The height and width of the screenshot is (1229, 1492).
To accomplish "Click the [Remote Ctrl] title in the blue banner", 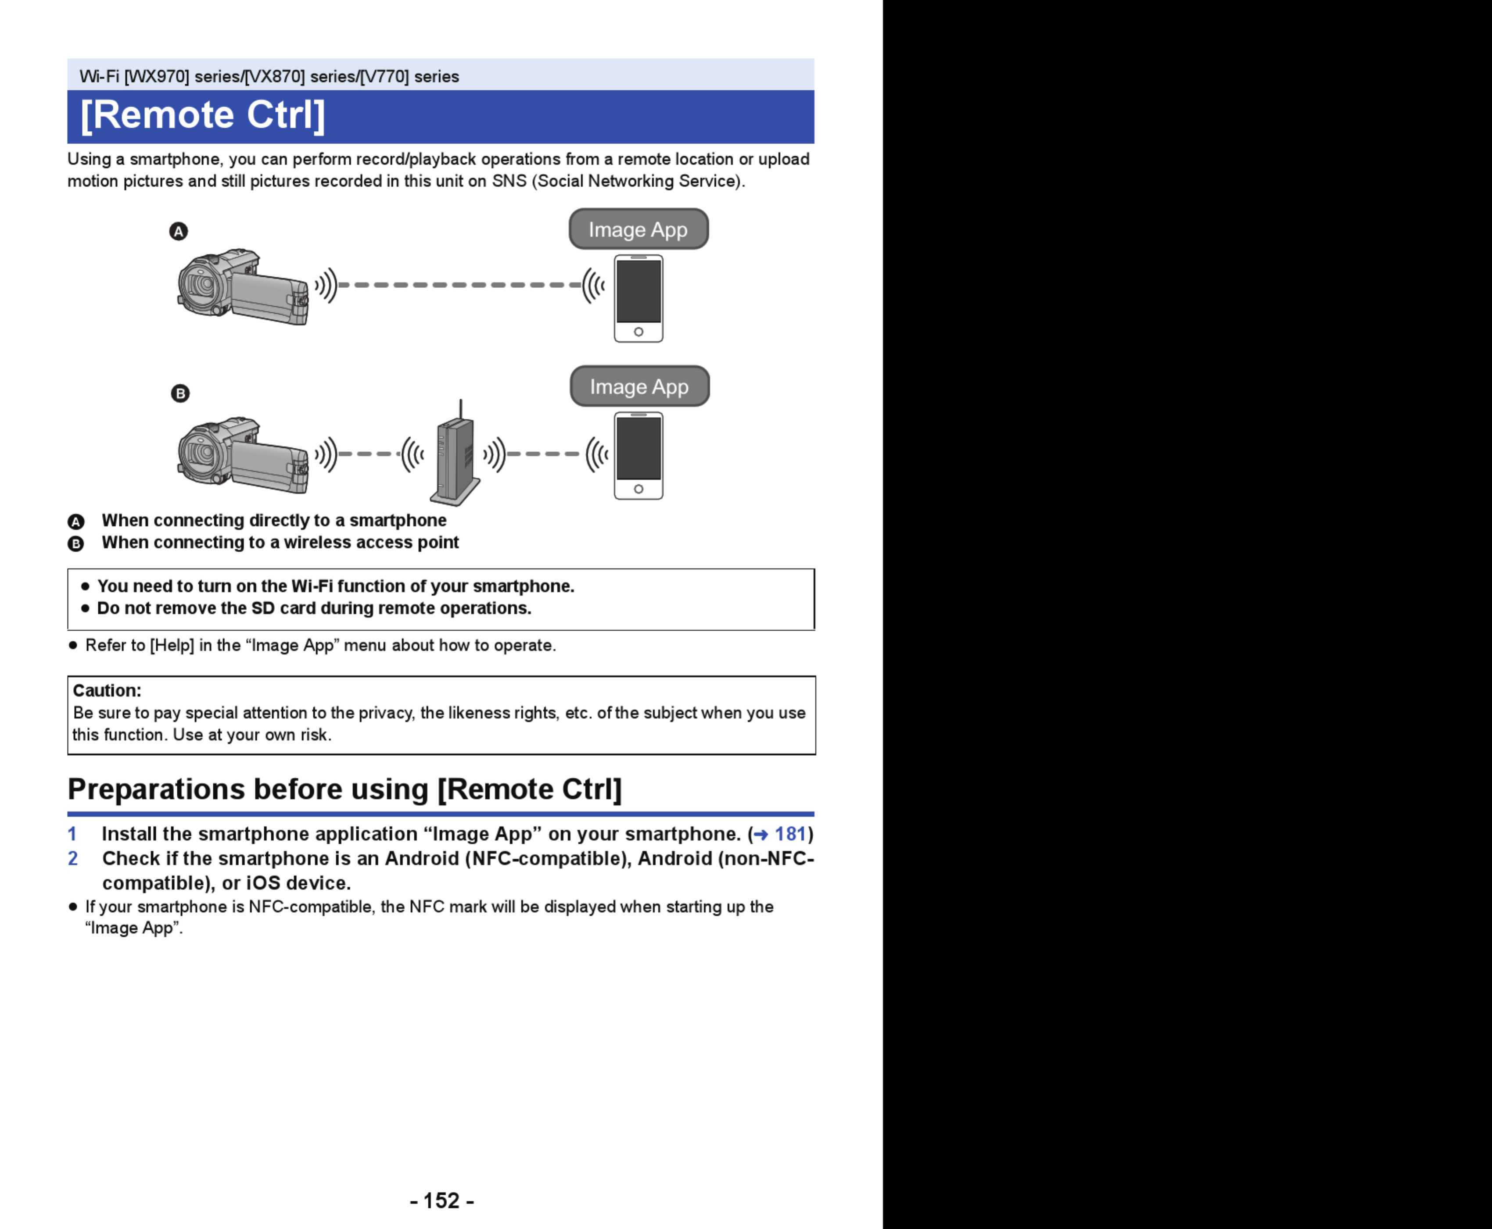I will pos(203,115).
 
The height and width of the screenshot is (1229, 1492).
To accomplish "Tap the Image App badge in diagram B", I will pos(639,386).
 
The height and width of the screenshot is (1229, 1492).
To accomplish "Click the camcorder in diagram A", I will pos(242,287).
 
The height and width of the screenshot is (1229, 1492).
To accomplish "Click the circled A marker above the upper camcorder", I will pos(179,232).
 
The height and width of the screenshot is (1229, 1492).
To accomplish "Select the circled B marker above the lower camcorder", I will pos(180,393).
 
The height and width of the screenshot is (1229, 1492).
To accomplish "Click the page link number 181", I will pos(790,834).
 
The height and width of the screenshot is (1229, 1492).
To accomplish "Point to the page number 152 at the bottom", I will pos(442,1200).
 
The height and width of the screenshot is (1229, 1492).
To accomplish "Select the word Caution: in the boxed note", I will pos(107,690).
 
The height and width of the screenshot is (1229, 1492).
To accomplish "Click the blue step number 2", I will pos(72,859).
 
